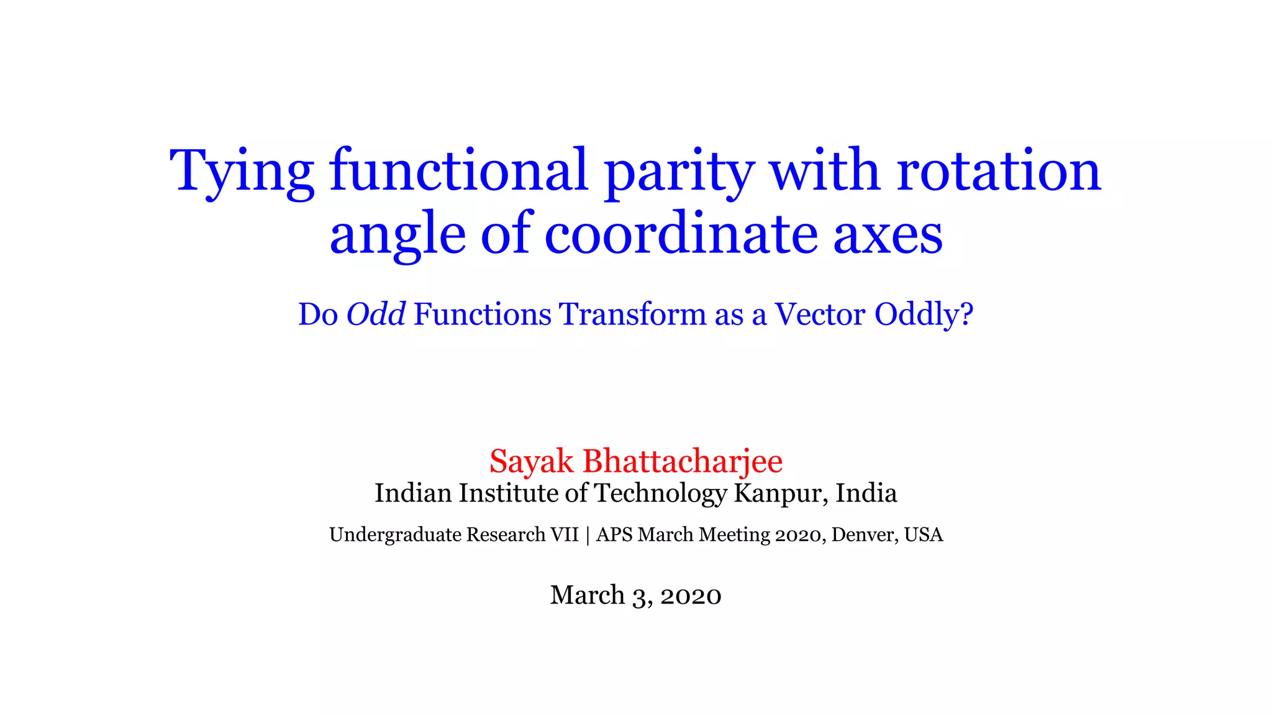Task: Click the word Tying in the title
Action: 242,171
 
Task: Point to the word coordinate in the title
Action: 681,234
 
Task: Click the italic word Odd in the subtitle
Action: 376,314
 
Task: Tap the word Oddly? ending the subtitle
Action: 924,315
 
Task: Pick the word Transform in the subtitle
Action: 633,314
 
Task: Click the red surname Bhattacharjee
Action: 683,462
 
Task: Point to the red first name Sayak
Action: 531,462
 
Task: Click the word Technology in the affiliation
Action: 660,493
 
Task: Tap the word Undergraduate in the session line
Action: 395,535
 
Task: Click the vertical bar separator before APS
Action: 588,535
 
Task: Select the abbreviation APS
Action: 614,535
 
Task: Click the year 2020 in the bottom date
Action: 691,595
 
